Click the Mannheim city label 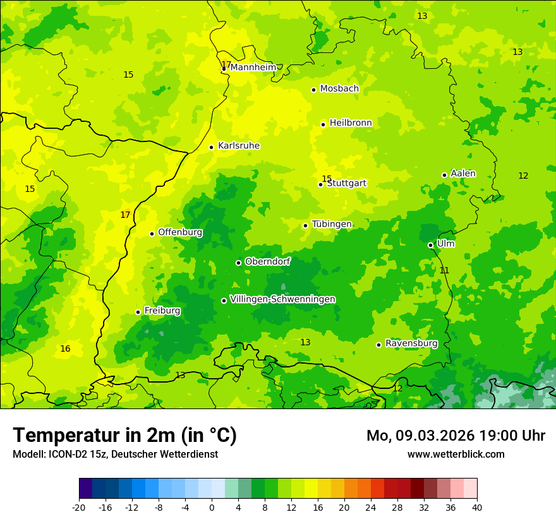tap(253, 67)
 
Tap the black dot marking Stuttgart tap(321, 184)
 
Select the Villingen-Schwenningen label tap(282, 299)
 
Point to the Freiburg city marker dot tap(138, 312)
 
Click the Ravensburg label tap(411, 343)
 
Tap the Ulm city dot tap(430, 245)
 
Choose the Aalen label tap(463, 174)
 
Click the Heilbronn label tap(351, 123)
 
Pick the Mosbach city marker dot tap(313, 90)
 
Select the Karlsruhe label tap(239, 146)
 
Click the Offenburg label tap(180, 232)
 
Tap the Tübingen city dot tap(305, 225)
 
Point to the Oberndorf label tap(268, 261)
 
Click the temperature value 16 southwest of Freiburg tap(65, 348)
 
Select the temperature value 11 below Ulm tap(444, 270)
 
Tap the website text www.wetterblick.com tap(456, 455)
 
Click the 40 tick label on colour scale tap(477, 507)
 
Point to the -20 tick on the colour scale tap(79, 507)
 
